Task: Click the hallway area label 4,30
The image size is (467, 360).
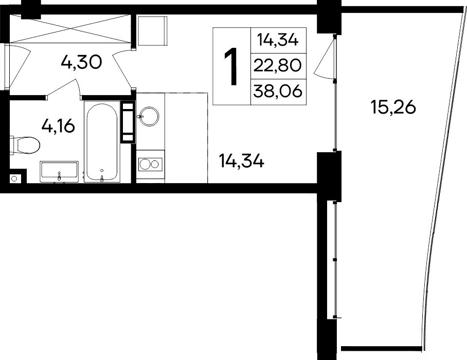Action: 81,63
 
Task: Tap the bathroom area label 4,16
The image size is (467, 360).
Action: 61,125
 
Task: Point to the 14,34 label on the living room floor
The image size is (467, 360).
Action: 241,162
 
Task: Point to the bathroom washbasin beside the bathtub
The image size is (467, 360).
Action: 59,171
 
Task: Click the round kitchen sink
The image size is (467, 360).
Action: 150,116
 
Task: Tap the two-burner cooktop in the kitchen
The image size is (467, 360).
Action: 150,164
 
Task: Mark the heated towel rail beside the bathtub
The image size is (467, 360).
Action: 127,122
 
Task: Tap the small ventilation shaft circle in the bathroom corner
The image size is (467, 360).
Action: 14,178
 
